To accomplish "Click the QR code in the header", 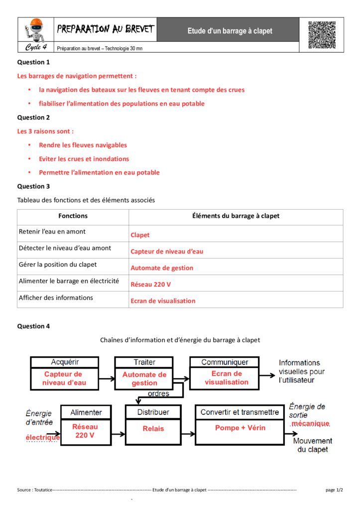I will [x=322, y=35].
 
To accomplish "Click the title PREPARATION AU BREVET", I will [x=105, y=29].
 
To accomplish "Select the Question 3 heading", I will [x=34, y=186].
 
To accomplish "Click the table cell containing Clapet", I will [x=140, y=235].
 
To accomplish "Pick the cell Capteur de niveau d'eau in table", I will [x=167, y=252].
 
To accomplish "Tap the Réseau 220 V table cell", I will [x=151, y=284].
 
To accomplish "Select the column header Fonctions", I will [x=73, y=216].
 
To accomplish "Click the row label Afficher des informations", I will [x=56, y=298].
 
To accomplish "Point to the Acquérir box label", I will [x=65, y=362].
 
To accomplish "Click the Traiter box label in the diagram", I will [x=144, y=362].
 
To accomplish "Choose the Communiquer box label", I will [x=225, y=362].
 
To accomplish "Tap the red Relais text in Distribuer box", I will [x=153, y=428].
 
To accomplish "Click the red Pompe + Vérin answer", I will [x=240, y=428].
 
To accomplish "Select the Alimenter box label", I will [x=86, y=412].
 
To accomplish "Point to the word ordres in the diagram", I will [x=158, y=394].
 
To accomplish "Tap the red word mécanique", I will [x=310, y=423].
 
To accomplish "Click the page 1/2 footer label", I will [x=334, y=490].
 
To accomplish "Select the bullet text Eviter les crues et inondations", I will [x=84, y=159].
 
